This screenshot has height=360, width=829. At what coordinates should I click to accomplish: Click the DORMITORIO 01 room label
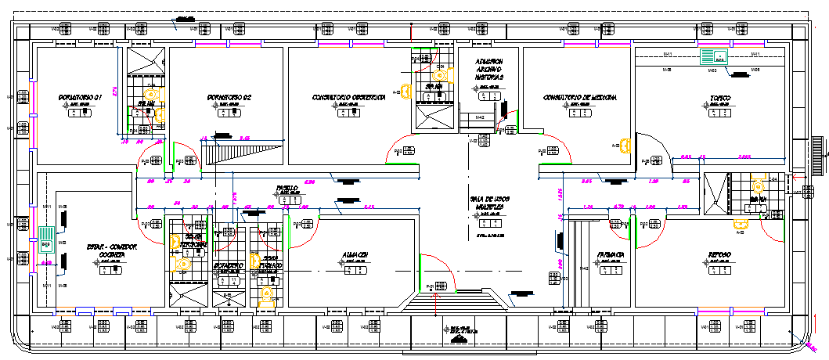[81, 96]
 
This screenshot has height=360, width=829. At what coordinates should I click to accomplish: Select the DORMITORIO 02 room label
[229, 96]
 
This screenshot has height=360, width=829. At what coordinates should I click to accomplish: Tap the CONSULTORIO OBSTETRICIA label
[348, 98]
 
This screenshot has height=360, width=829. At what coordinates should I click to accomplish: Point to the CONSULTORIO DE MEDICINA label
[580, 98]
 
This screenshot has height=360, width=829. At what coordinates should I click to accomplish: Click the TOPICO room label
[720, 99]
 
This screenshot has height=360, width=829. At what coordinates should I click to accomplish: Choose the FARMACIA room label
[610, 255]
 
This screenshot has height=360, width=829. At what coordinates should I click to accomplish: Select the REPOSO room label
[719, 255]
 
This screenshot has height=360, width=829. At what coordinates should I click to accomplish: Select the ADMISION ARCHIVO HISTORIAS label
[489, 70]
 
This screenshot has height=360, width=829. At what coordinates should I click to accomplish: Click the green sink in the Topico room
[712, 56]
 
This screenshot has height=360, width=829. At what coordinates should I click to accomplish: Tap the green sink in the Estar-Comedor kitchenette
[45, 239]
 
